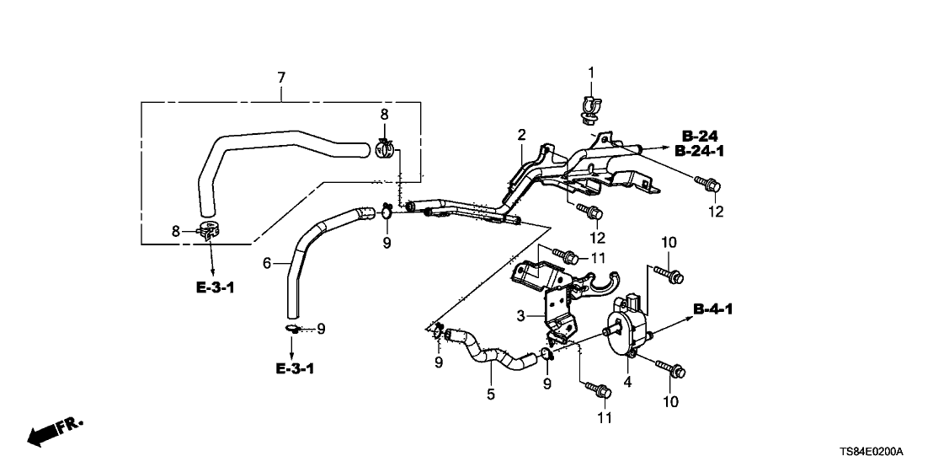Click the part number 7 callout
(281, 78)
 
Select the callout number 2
(521, 134)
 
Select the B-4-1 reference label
(713, 309)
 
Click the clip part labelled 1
(590, 107)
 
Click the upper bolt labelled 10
(671, 275)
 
